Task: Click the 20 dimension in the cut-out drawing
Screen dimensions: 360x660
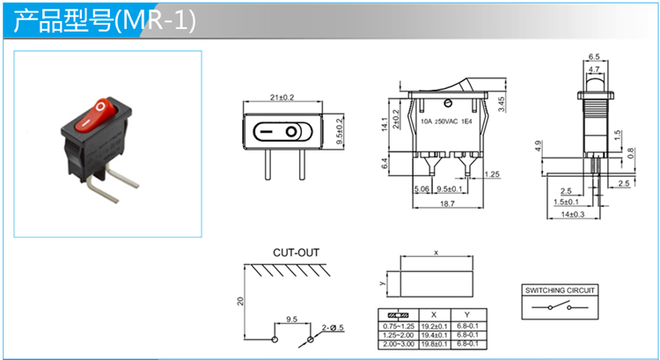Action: (x=240, y=300)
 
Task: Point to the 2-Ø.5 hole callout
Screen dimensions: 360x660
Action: (x=332, y=327)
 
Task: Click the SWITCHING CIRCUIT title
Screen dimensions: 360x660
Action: (x=561, y=290)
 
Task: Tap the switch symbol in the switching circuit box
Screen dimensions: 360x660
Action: (x=561, y=307)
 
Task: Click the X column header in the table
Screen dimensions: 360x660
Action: (x=433, y=314)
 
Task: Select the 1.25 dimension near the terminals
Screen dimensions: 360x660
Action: (x=493, y=175)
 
